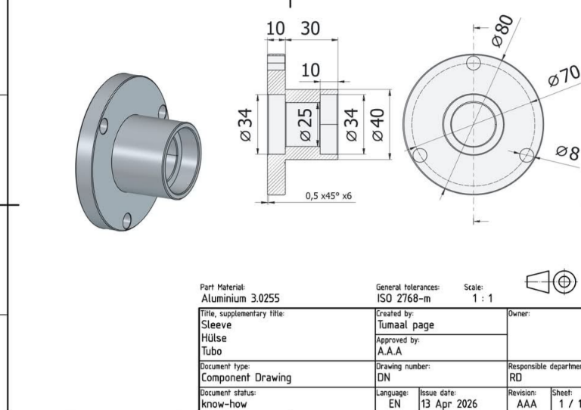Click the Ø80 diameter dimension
pyautogui.click(x=503, y=31)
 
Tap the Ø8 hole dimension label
pyautogui.click(x=567, y=152)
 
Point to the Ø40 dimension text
pyautogui.click(x=378, y=125)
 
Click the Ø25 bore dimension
pyautogui.click(x=306, y=125)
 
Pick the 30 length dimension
pyautogui.click(x=309, y=29)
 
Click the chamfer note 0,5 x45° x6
pyautogui.click(x=328, y=196)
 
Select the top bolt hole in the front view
pyautogui.click(x=474, y=63)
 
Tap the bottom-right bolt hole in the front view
pyautogui.click(x=527, y=155)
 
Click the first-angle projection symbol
pyautogui.click(x=551, y=282)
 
